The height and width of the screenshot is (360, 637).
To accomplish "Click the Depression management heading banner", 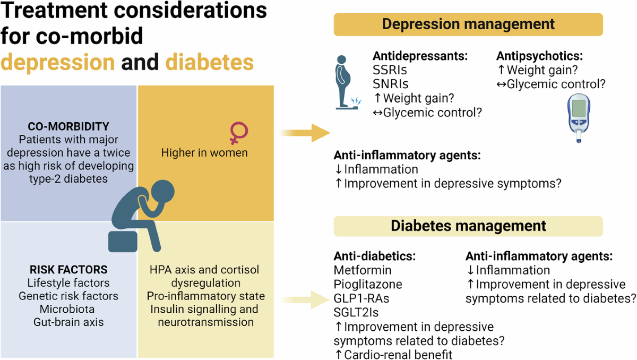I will [468, 24].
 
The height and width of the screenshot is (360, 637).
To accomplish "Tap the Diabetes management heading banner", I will [468, 226].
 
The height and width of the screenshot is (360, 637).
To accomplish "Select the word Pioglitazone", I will [368, 285].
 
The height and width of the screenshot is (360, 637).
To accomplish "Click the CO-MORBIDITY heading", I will [68, 126].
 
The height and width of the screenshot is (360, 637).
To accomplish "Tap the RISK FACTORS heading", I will [68, 269].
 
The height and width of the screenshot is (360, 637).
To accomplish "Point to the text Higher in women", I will [204, 153].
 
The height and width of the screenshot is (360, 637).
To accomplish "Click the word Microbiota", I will [68, 308].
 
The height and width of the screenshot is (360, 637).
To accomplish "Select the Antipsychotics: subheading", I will [539, 56].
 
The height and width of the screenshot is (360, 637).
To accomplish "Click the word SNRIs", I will [391, 84].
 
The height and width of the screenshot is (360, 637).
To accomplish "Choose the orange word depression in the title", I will [57, 62].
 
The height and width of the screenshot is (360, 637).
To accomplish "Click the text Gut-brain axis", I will [68, 322].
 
